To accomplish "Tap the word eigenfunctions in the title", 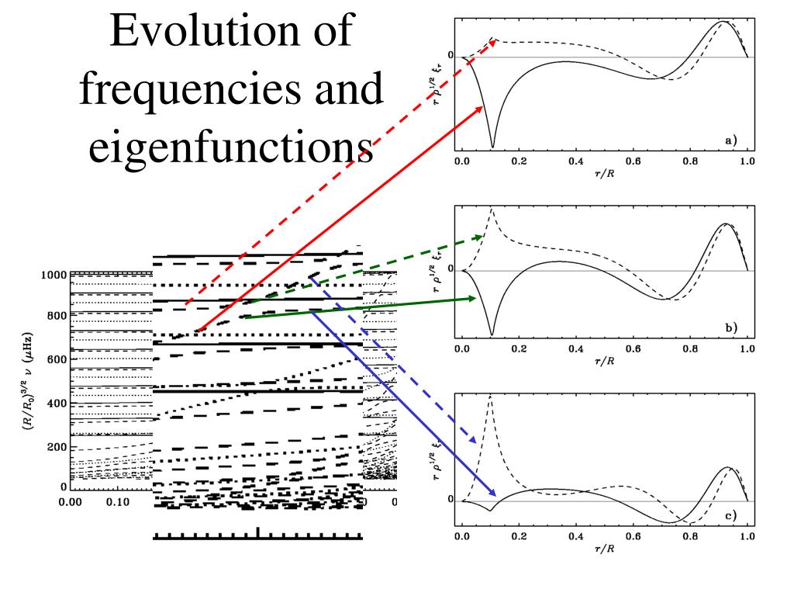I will [231, 147].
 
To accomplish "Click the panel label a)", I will [730, 140].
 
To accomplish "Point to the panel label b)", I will [731, 327].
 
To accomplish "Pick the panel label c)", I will [731, 516].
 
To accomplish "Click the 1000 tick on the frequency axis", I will [55, 275].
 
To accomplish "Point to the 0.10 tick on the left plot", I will [118, 502].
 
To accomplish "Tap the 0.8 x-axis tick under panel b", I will [690, 349].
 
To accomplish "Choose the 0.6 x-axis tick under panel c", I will [633, 536].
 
